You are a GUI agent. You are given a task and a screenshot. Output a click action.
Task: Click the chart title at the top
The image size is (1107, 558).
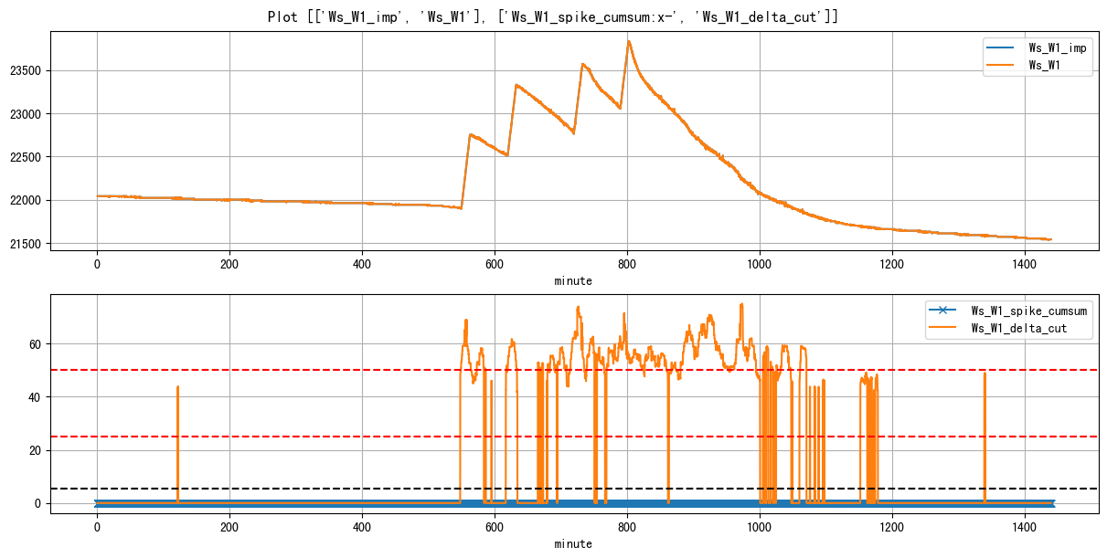[x=553, y=16]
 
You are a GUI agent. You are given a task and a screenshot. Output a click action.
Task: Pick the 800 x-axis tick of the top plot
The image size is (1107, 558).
[x=627, y=265]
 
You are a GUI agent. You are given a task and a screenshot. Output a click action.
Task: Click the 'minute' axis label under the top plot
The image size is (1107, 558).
[x=573, y=281]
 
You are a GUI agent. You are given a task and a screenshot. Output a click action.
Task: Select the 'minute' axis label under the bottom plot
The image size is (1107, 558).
[x=573, y=543]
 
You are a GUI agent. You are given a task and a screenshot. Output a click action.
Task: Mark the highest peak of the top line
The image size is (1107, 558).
[x=629, y=41]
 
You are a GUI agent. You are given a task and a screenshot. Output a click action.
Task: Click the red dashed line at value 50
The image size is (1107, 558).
[x=274, y=370]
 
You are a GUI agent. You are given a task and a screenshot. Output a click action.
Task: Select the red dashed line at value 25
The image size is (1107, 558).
[x=274, y=437]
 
